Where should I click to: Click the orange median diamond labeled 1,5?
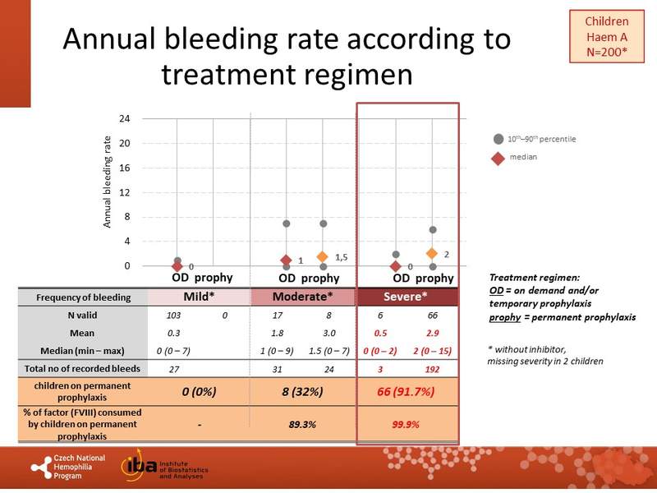click(x=323, y=257)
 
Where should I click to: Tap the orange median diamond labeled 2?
click(x=432, y=254)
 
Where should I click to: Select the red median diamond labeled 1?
click(x=286, y=260)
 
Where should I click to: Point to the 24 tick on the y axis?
click(x=125, y=118)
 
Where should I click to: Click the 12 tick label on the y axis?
click(x=125, y=192)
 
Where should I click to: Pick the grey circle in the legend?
click(x=498, y=138)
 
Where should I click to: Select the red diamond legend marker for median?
click(x=498, y=157)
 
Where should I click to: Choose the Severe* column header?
click(x=407, y=297)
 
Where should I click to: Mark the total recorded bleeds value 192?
click(x=433, y=371)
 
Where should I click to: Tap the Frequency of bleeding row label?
click(x=80, y=297)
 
